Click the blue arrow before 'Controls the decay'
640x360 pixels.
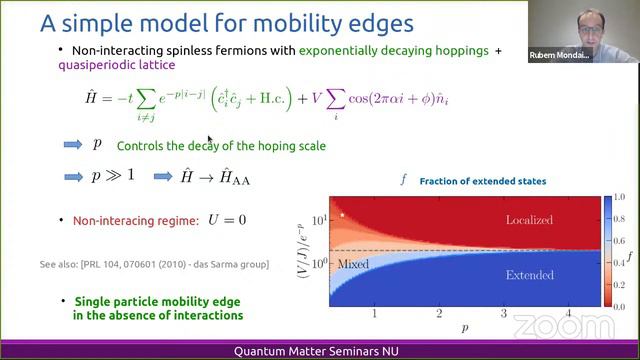coord(73,145)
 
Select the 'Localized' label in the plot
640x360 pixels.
coord(529,220)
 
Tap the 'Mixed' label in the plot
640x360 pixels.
coord(355,265)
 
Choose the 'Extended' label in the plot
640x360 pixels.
coord(530,274)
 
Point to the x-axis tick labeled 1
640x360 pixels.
coord(374,314)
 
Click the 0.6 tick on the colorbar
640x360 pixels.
coord(620,239)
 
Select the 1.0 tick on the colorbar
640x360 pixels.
coord(620,196)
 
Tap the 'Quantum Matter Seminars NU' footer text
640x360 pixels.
coord(319,351)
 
